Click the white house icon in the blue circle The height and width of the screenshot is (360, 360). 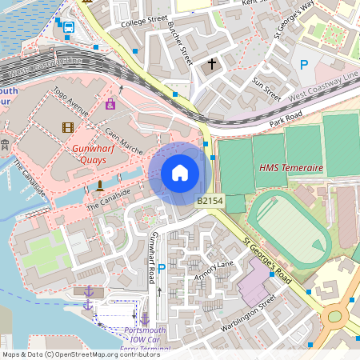(180, 172)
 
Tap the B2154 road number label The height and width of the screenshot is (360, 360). (210, 202)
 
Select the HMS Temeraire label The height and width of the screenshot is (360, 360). (291, 168)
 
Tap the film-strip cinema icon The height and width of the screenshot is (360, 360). (68, 127)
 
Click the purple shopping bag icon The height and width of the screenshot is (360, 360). (110, 104)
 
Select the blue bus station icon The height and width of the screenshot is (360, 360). (69, 28)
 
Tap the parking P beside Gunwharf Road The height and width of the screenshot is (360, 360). (162, 270)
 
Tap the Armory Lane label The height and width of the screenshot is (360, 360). (214, 270)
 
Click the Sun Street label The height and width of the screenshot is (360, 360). (266, 89)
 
